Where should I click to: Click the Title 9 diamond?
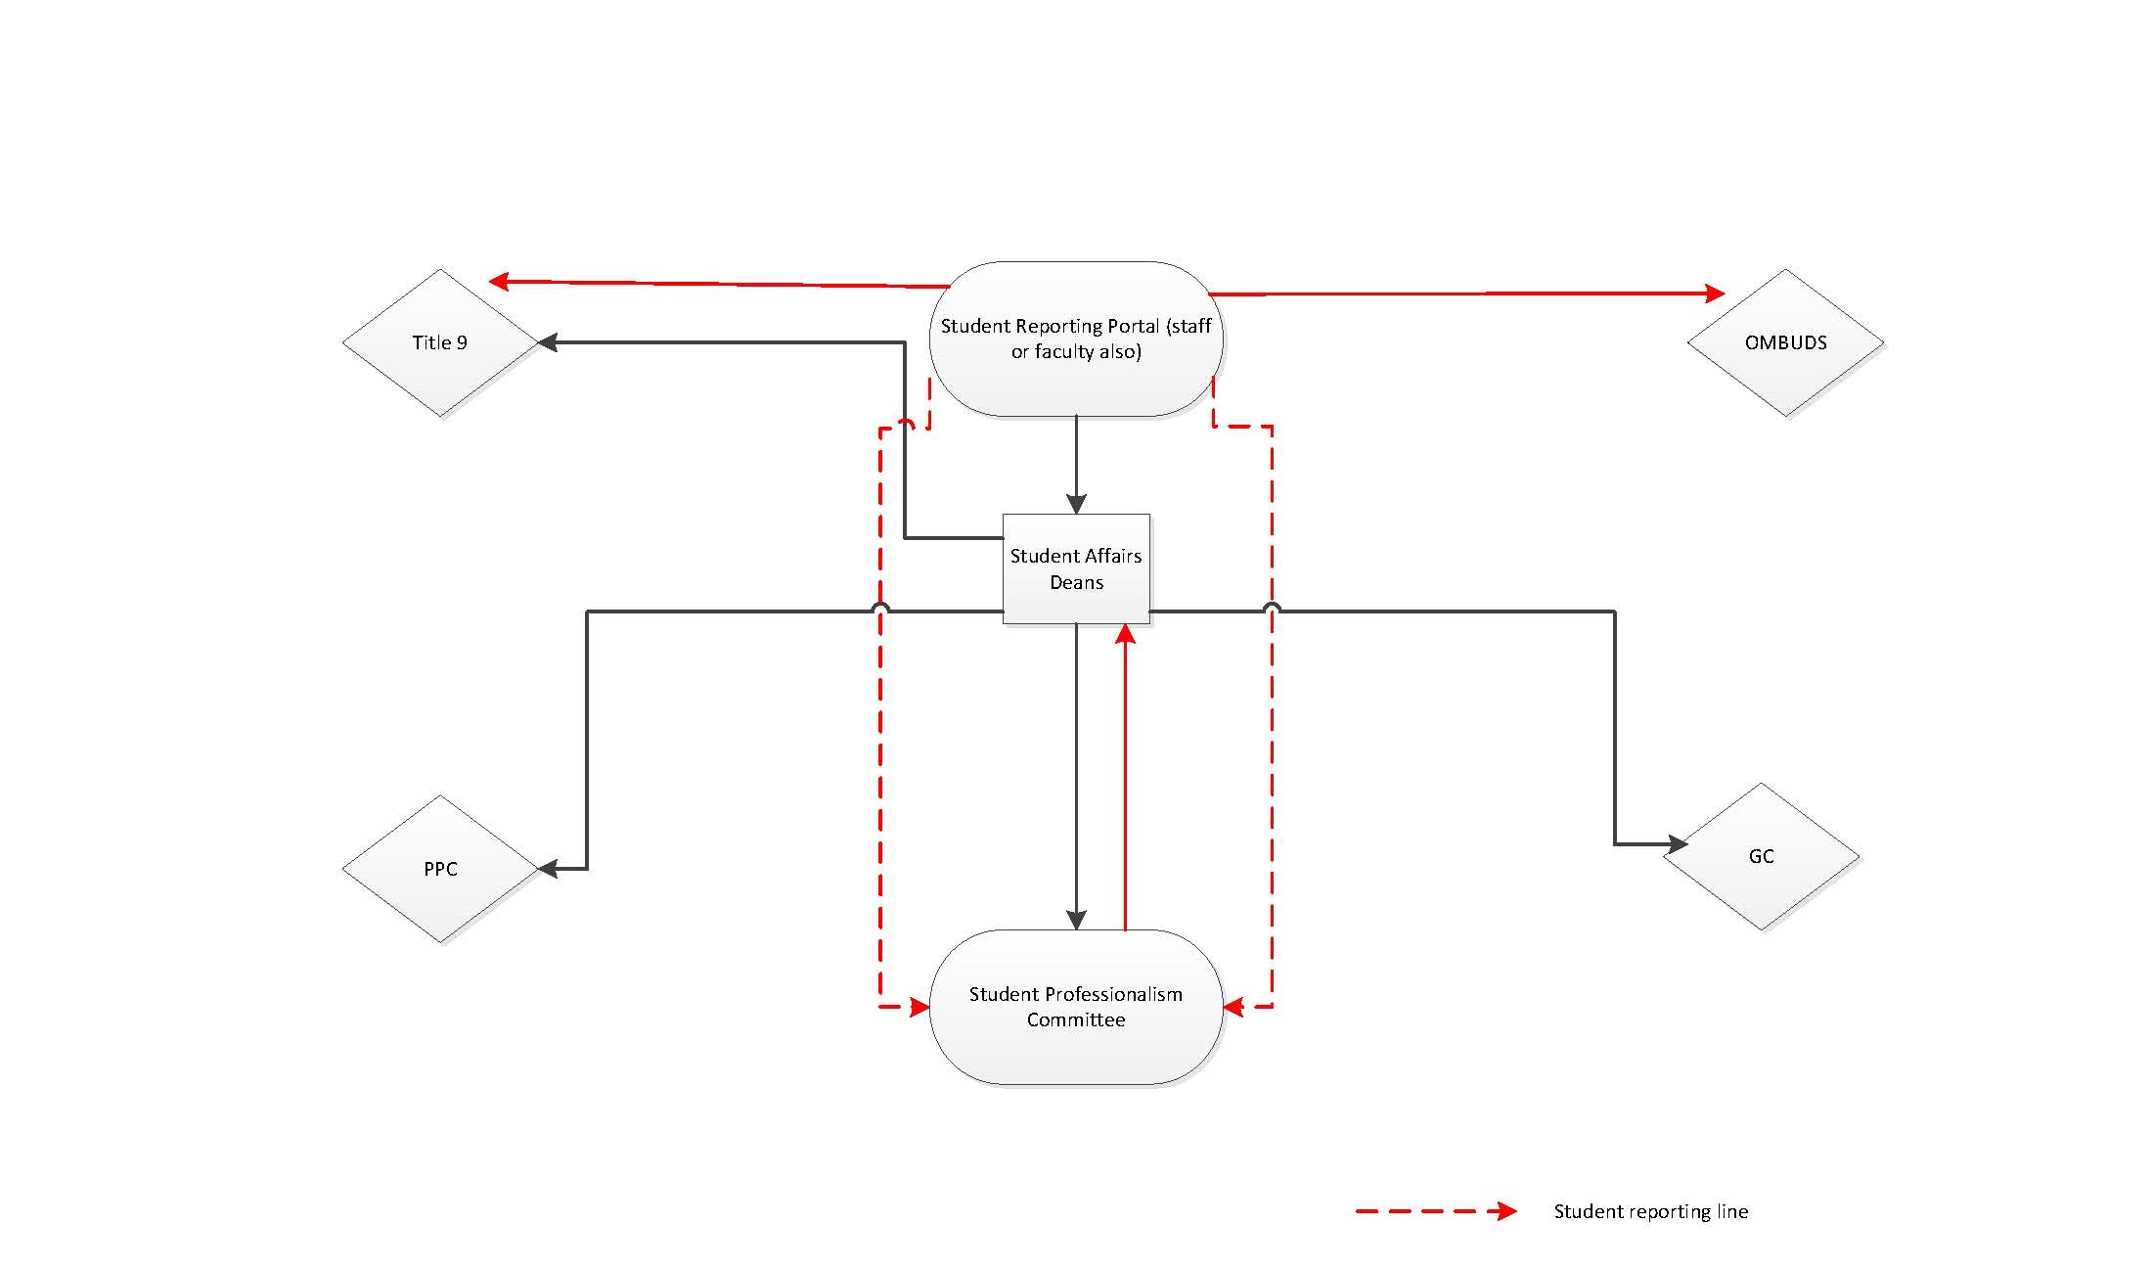[440, 342]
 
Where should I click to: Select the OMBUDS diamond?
[1785, 342]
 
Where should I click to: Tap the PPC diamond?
[440, 869]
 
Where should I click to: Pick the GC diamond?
[1761, 856]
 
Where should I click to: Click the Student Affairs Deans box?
[1076, 568]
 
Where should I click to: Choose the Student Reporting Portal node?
[1076, 339]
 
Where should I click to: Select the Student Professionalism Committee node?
[1076, 1007]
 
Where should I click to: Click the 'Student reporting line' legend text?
[1650, 1211]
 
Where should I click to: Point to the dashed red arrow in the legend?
[1436, 1211]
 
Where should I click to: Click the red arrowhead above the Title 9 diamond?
[499, 282]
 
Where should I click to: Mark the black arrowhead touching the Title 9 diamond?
[549, 342]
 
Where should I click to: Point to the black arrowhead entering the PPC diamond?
[549, 868]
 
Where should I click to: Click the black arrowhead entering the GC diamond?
[1677, 843]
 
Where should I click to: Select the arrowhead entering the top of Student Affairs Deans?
[1076, 504]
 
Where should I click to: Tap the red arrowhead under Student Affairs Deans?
[1125, 635]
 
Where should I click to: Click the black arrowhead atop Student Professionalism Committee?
[1076, 920]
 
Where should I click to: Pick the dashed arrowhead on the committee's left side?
[919, 1007]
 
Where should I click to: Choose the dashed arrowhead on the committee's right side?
[1233, 1007]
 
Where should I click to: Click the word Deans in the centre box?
[1076, 582]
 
